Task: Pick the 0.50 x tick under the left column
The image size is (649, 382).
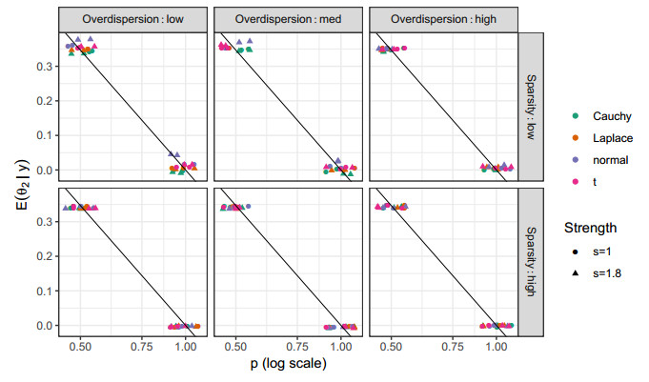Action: pos(80,348)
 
